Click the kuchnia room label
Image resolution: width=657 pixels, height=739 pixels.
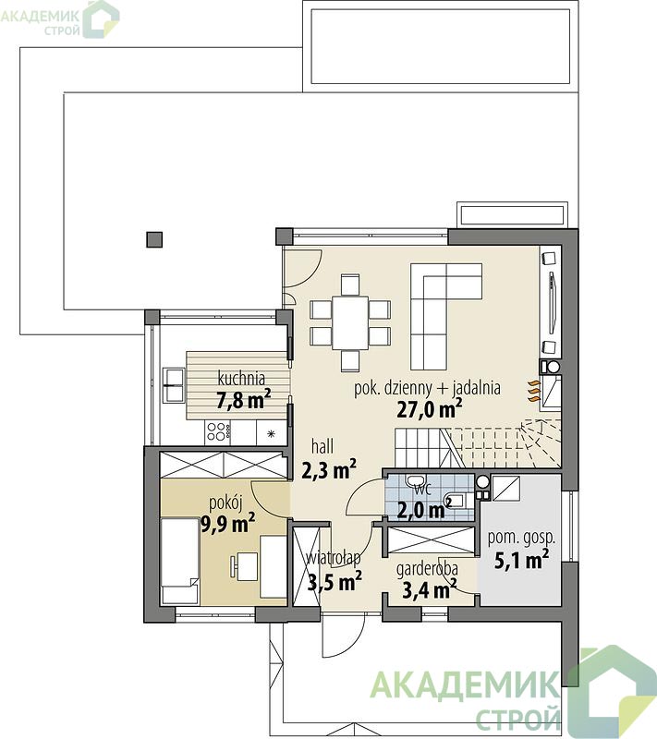[x=241, y=379]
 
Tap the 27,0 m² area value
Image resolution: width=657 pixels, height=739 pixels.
[x=429, y=408]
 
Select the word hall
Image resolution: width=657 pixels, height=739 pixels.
[x=322, y=446]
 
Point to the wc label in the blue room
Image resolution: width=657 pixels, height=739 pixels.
[x=423, y=490]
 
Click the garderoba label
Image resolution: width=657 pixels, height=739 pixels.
[x=427, y=570]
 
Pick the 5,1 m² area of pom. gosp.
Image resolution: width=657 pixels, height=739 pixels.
[x=521, y=561]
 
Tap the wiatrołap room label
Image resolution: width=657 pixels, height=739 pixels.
[x=334, y=558]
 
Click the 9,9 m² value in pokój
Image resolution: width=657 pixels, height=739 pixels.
[x=228, y=523]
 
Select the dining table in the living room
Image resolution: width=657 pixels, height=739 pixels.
[x=350, y=322]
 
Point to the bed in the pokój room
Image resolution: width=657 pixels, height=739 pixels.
[x=179, y=561]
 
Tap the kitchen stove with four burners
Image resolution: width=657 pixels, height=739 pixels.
[x=219, y=431]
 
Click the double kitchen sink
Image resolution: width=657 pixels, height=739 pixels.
[x=174, y=385]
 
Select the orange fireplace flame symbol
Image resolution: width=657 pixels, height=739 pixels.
[x=532, y=391]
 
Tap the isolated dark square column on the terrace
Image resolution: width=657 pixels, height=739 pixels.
[x=154, y=239]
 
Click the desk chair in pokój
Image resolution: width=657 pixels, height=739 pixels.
[x=234, y=565]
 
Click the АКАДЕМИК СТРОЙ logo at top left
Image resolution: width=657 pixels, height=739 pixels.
[x=60, y=18]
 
